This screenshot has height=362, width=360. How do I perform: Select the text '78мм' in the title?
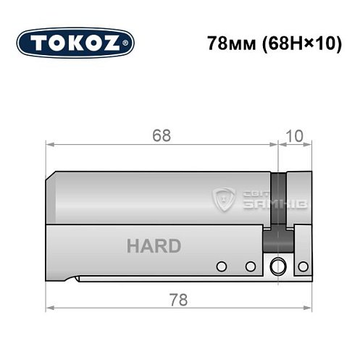[x=224, y=41]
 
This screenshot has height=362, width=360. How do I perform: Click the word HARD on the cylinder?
[x=154, y=246]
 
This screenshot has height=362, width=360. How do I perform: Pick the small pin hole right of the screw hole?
[x=300, y=266]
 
